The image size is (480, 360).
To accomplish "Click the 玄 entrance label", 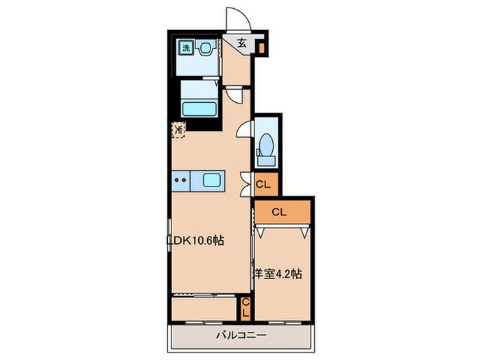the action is point(242,43).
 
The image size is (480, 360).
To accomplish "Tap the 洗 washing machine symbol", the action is point(187,48).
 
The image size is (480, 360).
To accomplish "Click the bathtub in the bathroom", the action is point(200,109).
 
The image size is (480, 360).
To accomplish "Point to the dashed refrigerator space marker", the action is point(179,130).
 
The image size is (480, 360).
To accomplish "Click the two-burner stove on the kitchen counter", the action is point(180,180).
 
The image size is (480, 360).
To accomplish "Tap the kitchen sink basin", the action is point(212,180).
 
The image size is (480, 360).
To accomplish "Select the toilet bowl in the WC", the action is point(267,144).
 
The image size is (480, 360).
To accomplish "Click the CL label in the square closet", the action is point(263,184).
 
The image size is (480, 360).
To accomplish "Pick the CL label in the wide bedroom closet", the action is point(279,212).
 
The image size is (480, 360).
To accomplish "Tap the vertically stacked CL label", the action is point(245,309).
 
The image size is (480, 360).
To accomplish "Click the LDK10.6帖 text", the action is point(195,241).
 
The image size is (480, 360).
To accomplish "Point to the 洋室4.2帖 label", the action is point(278,274).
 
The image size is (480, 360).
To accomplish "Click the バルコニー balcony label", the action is point(241,335).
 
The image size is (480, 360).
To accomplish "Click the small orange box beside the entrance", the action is point(262,48).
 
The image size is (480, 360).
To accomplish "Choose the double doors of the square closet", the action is point(245,184).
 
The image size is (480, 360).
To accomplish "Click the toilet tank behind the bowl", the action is point(266,160).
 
